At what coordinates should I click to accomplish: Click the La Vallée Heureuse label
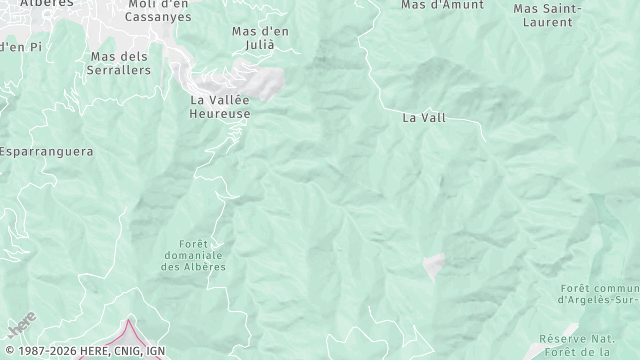(x=220, y=107)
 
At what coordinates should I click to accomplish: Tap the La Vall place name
(x=424, y=117)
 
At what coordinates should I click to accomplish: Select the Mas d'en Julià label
(x=260, y=37)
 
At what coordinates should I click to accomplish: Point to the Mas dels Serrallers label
(x=120, y=63)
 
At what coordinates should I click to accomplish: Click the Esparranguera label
(x=46, y=152)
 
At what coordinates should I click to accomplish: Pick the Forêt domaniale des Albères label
(x=193, y=255)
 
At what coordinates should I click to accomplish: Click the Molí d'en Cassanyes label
(x=159, y=10)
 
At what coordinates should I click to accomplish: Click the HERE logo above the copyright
(x=21, y=326)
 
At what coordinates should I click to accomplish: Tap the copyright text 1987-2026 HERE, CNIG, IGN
(x=84, y=351)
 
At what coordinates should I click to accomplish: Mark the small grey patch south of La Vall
(x=434, y=264)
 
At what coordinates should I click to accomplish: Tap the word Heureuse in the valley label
(x=220, y=114)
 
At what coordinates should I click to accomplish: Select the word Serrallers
(x=120, y=70)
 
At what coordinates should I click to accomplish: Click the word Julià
(x=260, y=44)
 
